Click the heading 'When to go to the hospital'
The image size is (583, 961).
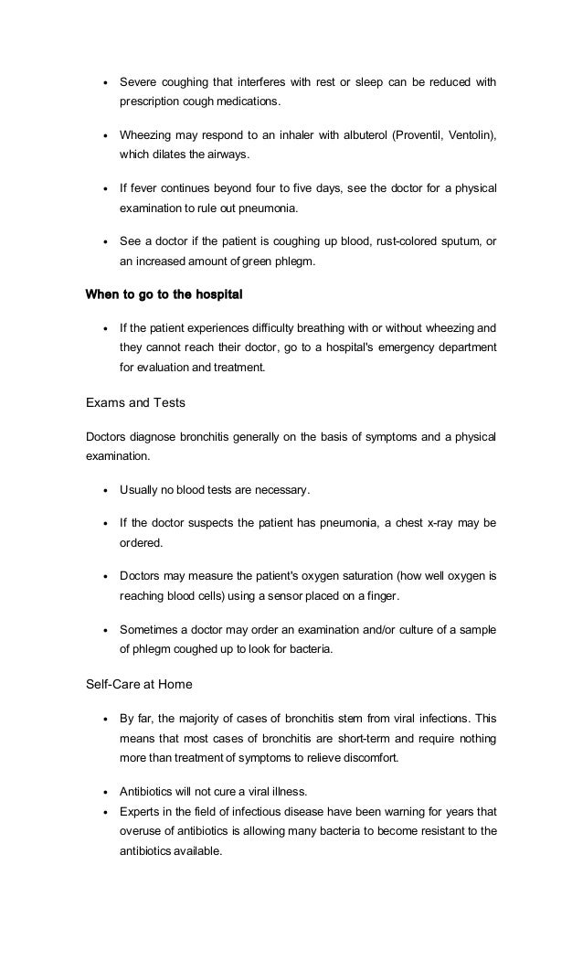coord(164,296)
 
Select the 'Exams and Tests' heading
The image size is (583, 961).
coord(130,400)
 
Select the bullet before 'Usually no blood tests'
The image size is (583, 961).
coord(108,490)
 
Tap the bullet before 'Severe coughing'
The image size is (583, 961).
coord(108,83)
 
